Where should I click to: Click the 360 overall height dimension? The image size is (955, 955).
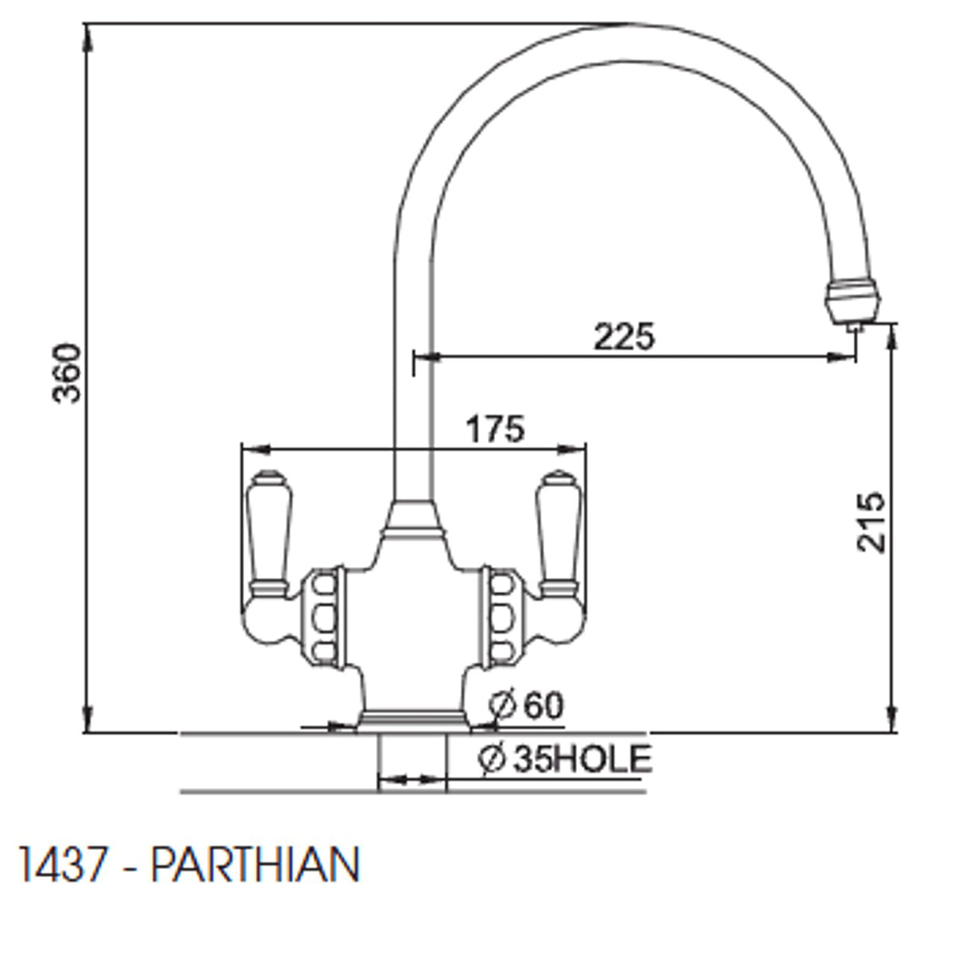[68, 372]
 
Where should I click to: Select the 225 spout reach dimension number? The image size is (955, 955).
[624, 337]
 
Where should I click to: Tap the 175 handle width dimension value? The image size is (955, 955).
[495, 429]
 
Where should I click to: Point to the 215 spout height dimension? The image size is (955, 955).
[871, 522]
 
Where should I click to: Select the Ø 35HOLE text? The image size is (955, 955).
[566, 758]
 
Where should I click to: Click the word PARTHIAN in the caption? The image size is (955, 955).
[255, 864]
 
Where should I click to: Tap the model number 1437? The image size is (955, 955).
[62, 864]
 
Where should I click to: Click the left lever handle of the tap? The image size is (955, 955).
[267, 533]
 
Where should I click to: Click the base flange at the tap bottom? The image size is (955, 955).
[413, 719]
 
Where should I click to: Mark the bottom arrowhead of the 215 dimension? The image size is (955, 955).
[893, 720]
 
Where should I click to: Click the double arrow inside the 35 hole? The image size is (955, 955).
[412, 781]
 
